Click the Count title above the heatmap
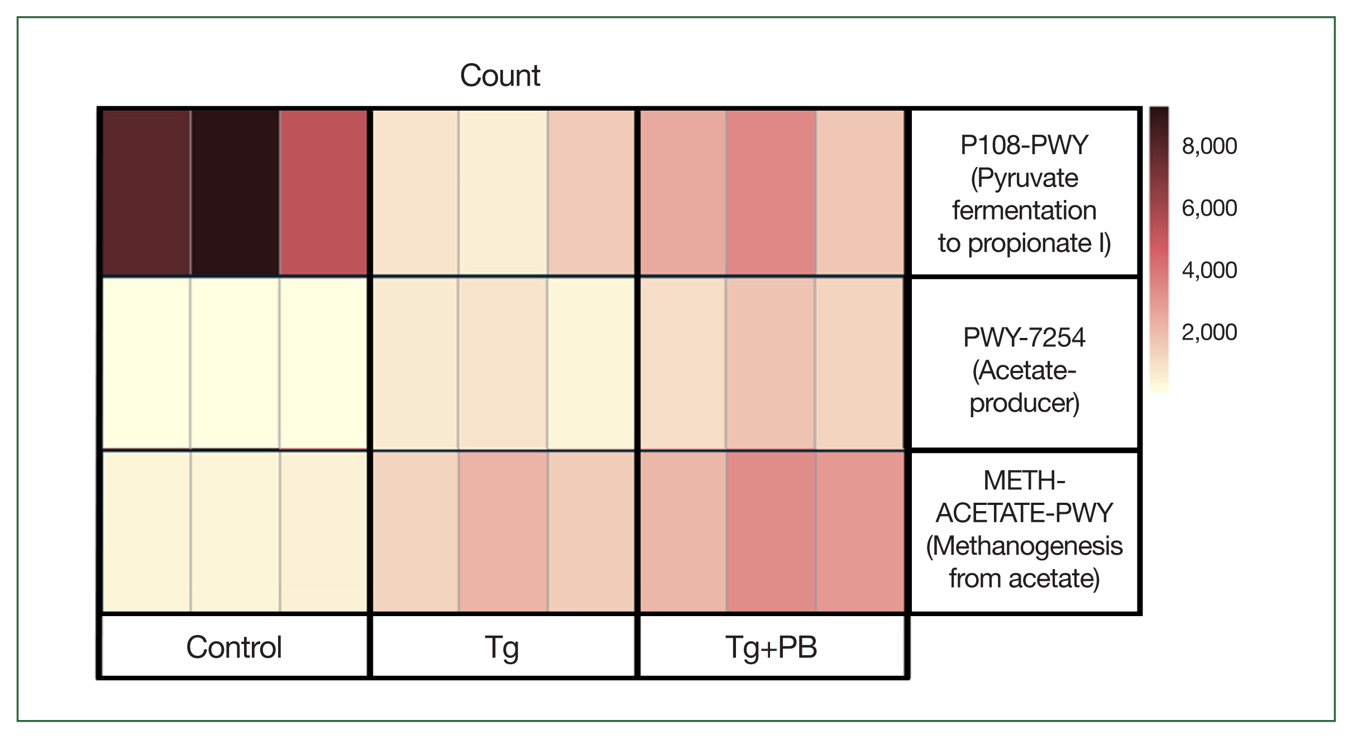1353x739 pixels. [500, 75]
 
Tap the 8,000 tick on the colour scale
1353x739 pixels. [1209, 146]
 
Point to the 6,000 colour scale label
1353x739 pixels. [1209, 208]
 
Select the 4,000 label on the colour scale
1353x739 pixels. [1209, 270]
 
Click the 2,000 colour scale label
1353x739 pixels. [1209, 332]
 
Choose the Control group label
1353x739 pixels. [234, 647]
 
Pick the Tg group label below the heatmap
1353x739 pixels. [502, 647]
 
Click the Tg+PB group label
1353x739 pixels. [771, 647]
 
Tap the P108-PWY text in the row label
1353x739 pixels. [1024, 146]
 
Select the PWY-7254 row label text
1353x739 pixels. [1024, 338]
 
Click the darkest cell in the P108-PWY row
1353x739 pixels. [235, 192]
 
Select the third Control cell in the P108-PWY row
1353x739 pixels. [323, 192]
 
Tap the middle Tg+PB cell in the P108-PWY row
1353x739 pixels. [771, 192]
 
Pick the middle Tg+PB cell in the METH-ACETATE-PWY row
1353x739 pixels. [771, 531]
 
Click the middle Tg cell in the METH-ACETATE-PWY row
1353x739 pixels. [503, 531]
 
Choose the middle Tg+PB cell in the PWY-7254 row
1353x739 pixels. [771, 363]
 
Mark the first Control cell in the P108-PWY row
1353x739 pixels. [146, 192]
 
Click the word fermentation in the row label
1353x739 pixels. [1024, 211]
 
